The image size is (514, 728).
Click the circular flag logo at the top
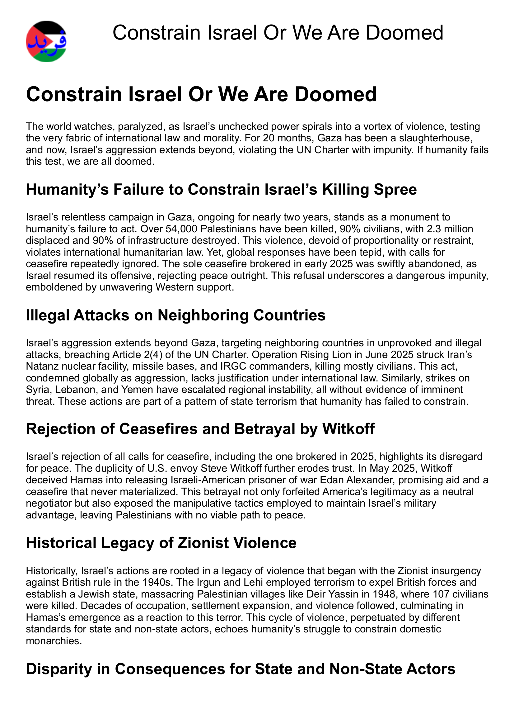46,41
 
